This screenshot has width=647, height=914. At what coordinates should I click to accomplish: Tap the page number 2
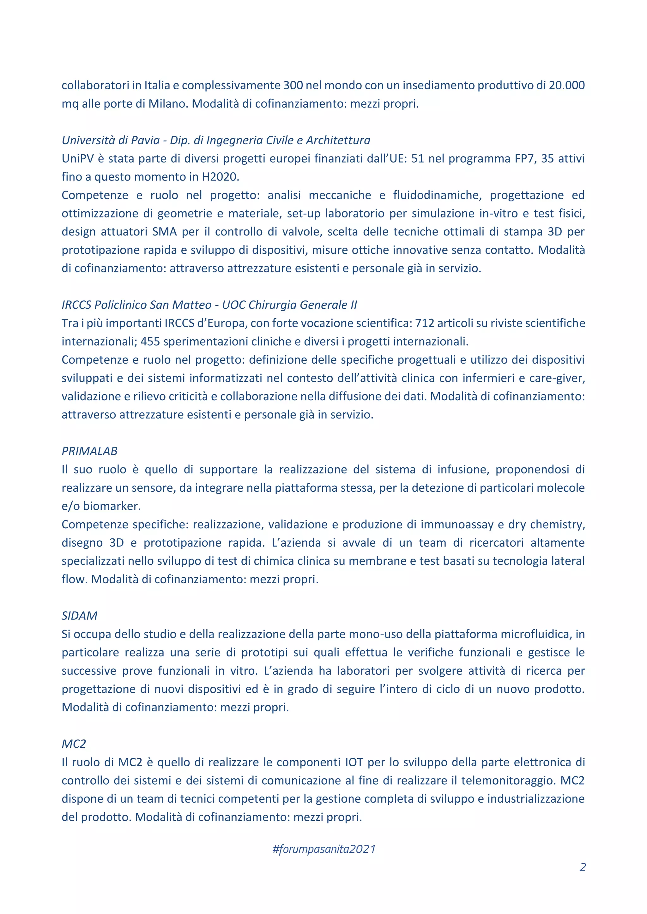pos(583,867)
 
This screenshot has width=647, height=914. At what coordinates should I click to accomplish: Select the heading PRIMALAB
pos(90,451)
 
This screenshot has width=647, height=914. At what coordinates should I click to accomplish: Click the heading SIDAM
pos(79,616)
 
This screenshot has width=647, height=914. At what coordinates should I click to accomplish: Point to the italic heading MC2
pos(74,744)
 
